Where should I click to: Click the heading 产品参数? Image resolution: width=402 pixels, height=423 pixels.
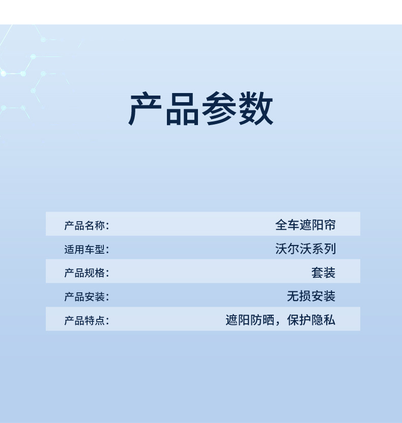[200, 108]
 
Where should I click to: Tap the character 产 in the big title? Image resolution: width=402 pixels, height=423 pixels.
[145, 108]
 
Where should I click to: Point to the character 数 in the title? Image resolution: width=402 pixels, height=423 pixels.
[255, 108]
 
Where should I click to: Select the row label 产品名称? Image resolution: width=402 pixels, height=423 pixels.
[87, 226]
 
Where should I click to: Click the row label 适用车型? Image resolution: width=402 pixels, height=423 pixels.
[87, 249]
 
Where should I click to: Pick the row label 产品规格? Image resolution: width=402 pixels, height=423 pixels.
[87, 273]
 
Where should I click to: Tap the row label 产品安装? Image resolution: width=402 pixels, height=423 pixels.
[87, 297]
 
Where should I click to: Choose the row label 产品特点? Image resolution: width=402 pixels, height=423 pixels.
[87, 321]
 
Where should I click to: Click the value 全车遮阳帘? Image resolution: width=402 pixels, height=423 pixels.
[305, 225]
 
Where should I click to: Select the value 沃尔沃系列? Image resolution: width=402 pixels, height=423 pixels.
[305, 249]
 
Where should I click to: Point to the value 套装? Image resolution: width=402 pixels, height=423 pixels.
[324, 273]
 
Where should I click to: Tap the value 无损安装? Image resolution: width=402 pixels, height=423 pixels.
[311, 296]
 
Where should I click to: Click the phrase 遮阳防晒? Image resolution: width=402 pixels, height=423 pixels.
[250, 320]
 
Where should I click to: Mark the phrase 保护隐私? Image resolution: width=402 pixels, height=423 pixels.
[311, 320]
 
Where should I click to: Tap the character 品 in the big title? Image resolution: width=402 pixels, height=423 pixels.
[182, 108]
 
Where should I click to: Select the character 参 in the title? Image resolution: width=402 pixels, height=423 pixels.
[219, 108]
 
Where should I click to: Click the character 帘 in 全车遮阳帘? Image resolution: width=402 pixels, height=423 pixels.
[330, 225]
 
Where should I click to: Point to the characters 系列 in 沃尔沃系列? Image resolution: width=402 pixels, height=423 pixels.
[324, 249]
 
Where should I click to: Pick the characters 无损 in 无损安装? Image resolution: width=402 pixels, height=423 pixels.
[299, 296]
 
